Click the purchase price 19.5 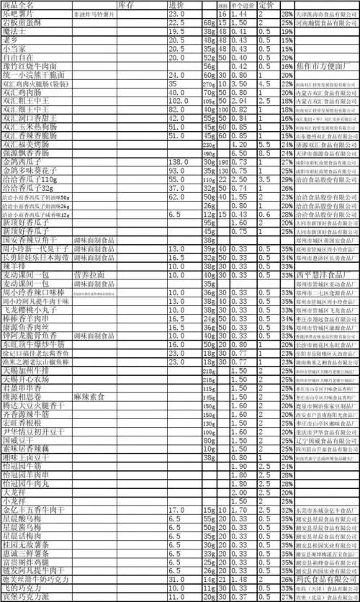point(176,32)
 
